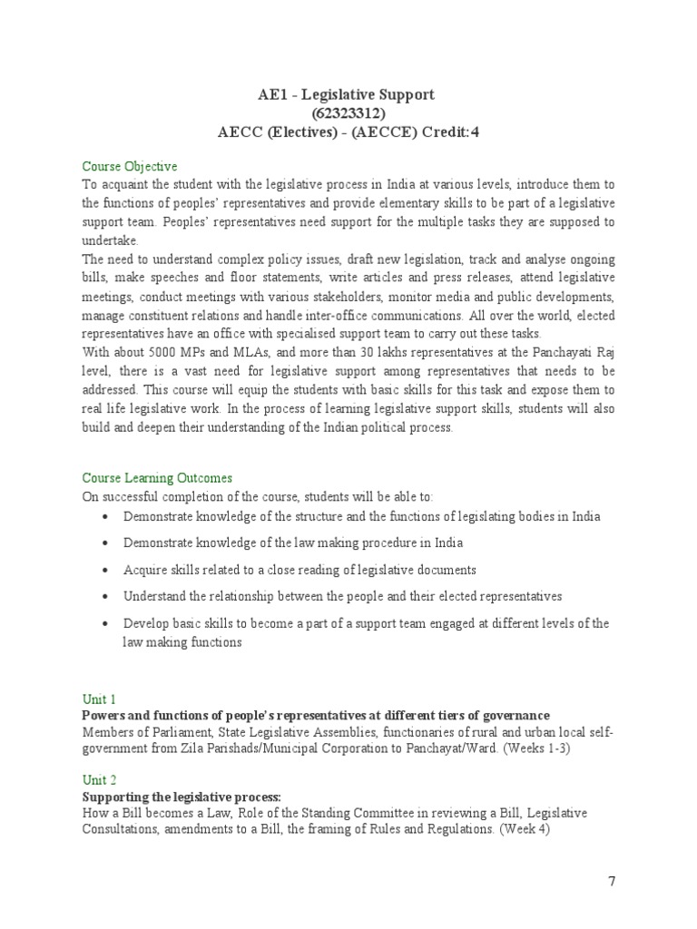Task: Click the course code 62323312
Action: (x=348, y=112)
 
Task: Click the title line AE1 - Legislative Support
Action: (x=348, y=94)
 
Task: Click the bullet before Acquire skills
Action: (x=107, y=571)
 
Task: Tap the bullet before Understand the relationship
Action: (x=107, y=597)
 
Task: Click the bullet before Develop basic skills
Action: (x=107, y=624)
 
